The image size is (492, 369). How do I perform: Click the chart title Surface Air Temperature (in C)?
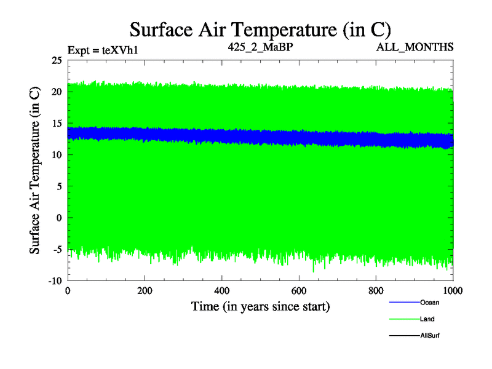(x=260, y=29)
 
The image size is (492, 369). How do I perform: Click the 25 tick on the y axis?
(x=57, y=60)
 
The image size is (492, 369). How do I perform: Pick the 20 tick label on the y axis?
(x=57, y=92)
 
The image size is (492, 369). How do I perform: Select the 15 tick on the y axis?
(x=57, y=123)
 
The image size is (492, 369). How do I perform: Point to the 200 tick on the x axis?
(x=145, y=290)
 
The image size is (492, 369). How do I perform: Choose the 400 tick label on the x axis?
(x=222, y=290)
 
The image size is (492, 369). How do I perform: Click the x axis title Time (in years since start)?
(x=260, y=306)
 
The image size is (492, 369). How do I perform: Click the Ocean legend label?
(x=429, y=303)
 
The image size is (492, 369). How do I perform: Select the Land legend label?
(x=427, y=319)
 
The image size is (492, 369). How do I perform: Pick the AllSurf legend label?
(x=430, y=336)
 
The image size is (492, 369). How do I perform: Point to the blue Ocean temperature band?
(x=246, y=137)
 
